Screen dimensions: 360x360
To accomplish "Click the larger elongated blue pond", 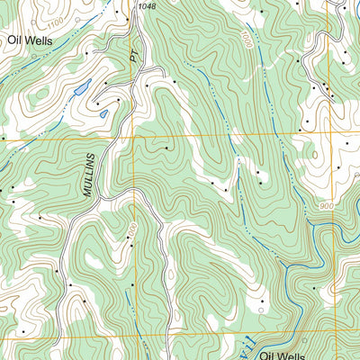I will [82, 89].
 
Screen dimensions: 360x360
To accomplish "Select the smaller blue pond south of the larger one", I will [104, 113].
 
